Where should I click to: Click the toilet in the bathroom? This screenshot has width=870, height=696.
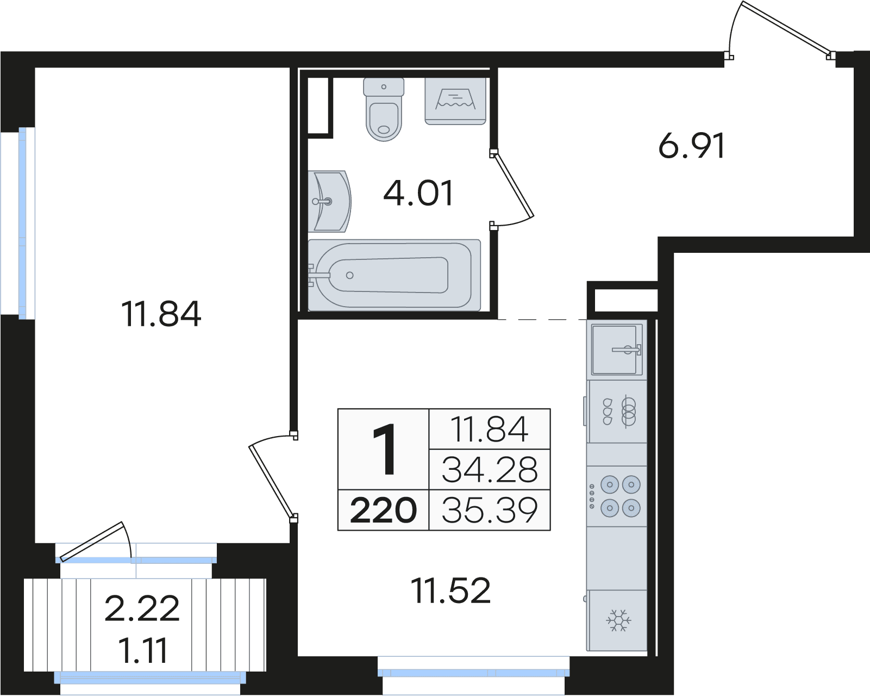(x=384, y=109)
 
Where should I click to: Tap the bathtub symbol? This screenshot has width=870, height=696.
(x=394, y=275)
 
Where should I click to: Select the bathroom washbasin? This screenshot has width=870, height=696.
(x=329, y=201)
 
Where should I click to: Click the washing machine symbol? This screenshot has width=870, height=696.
(x=455, y=101)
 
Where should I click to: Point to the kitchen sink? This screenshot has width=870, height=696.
(x=617, y=350)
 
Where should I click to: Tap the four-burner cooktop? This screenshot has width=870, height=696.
(x=617, y=496)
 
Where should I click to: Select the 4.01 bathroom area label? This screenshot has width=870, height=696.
(x=418, y=194)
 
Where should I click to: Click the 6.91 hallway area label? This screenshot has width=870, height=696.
(x=692, y=146)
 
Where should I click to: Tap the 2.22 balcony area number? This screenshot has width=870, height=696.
(x=142, y=608)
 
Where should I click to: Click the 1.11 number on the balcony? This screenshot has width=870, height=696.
(x=143, y=650)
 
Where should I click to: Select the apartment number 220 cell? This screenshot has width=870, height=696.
(x=383, y=510)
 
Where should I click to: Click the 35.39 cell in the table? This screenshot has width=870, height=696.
(x=490, y=510)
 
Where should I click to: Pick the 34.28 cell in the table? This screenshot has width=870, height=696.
(x=490, y=469)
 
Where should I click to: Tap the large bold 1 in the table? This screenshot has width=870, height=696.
(x=384, y=449)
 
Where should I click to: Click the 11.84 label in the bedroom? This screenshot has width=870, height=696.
(x=161, y=314)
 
